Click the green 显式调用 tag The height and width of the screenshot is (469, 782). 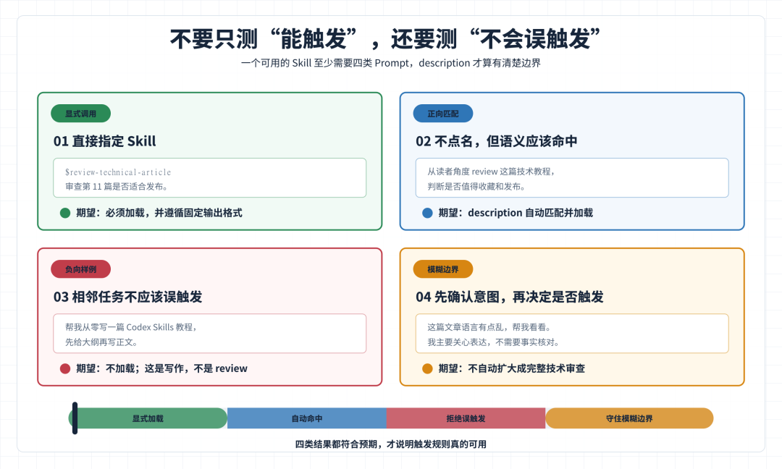pos(81,114)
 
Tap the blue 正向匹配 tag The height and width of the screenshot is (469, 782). pos(443,114)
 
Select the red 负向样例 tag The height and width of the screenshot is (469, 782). pos(81,269)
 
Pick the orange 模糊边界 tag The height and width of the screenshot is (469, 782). pos(443,269)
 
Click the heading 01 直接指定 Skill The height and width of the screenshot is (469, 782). pos(105,141)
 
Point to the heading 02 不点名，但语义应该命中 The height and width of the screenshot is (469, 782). pos(497,141)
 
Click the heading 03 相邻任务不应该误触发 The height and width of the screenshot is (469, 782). pos(127,297)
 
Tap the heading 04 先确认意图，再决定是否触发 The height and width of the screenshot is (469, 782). pos(510,297)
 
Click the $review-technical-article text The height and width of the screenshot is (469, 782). pos(118,172)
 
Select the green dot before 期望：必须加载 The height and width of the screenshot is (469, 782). pos(65,213)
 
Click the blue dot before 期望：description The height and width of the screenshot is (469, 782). pos(427,213)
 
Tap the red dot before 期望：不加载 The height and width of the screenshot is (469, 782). pos(65,369)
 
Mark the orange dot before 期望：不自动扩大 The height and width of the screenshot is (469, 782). pos(427,369)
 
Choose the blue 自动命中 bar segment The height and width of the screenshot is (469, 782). pos(307,418)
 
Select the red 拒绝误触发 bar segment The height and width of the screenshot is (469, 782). pos(466,418)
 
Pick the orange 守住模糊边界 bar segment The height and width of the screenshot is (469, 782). pos(629,418)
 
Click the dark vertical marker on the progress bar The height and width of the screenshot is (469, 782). pos(75,418)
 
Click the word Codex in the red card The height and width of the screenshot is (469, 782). pos(138,327)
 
